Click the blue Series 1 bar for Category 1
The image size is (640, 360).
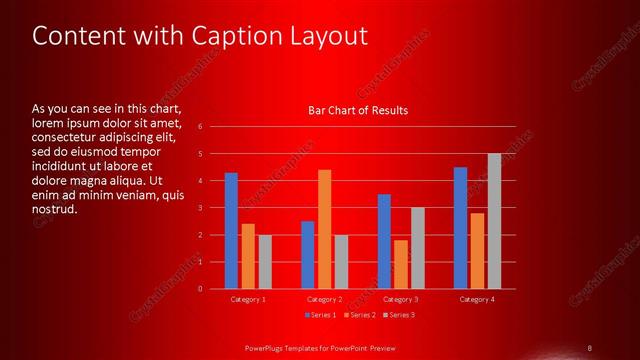(231, 231)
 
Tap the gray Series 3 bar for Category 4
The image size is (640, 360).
(494, 221)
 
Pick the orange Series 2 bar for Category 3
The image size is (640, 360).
(400, 264)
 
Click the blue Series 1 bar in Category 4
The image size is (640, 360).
(460, 228)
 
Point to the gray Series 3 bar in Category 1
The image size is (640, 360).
(264, 262)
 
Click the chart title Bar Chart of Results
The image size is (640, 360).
(357, 110)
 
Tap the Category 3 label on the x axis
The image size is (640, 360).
(400, 299)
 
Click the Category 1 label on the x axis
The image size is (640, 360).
(247, 299)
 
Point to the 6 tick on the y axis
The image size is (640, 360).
(200, 127)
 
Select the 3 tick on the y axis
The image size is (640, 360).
(200, 208)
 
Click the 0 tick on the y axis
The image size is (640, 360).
(200, 289)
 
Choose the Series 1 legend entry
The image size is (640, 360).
(319, 315)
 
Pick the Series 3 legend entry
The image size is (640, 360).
(397, 315)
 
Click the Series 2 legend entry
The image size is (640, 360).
(358, 315)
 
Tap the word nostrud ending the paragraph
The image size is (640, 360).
(54, 210)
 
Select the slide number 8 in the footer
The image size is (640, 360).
(590, 347)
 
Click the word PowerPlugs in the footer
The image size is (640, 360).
(267, 347)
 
